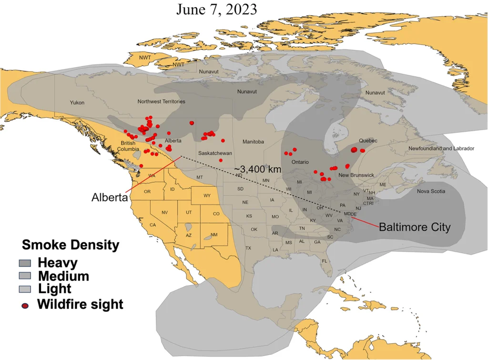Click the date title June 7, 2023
[216, 10]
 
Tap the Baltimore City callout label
[414, 227]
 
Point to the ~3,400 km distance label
[257, 169]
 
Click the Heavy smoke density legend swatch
[25, 263]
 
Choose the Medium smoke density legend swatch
[25, 276]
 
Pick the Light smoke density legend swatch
[25, 289]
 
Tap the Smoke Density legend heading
[71, 246]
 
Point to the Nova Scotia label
[431, 191]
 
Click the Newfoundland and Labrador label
[441, 149]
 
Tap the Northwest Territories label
[161, 102]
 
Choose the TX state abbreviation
[248, 248]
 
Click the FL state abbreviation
[324, 261]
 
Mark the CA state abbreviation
[153, 225]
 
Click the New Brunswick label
[356, 175]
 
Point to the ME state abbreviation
[383, 185]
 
